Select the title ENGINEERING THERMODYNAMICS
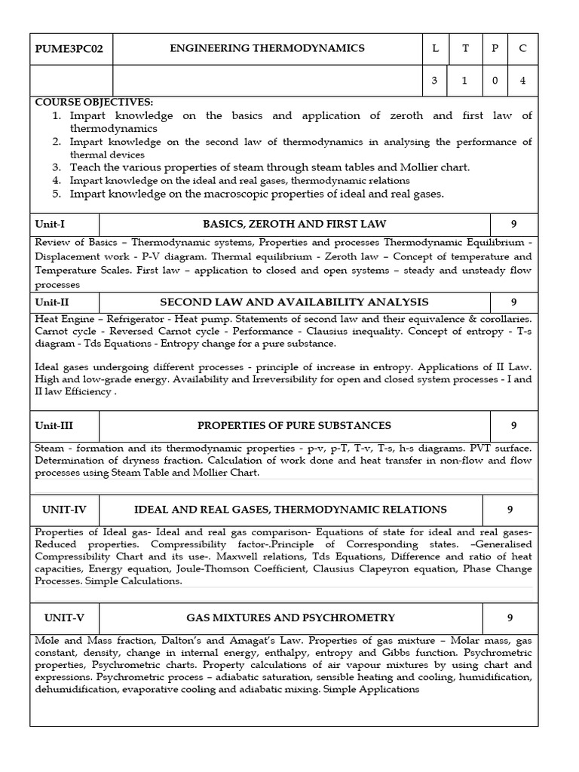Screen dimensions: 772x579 (x=267, y=48)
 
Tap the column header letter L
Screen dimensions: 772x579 (x=434, y=49)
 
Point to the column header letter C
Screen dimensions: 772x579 (x=522, y=49)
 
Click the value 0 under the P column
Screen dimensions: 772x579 (x=494, y=81)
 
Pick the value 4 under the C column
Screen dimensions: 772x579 (x=522, y=81)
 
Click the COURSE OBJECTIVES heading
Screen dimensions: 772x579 (x=93, y=102)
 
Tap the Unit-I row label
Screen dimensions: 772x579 (x=51, y=224)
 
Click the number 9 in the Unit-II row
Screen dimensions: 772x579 (x=513, y=302)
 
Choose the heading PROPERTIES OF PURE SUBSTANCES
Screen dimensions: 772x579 (x=294, y=425)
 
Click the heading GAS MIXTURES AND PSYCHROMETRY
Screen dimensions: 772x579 (x=290, y=617)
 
